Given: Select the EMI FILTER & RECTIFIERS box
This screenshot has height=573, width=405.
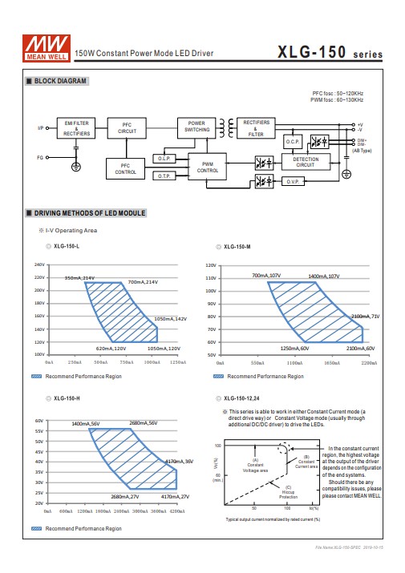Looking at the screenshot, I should (x=77, y=128).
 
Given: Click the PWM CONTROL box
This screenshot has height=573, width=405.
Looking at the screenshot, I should (x=208, y=167).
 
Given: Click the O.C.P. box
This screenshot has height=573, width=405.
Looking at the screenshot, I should (x=292, y=141).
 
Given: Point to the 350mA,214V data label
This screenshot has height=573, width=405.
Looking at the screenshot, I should (x=79, y=277).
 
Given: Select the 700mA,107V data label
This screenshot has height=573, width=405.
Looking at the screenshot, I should (x=265, y=275).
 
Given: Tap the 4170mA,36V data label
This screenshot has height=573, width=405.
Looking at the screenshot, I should (x=179, y=462).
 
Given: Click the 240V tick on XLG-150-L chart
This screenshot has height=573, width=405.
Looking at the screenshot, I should (x=39, y=264).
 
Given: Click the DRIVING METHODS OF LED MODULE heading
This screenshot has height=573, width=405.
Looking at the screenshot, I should (x=89, y=214).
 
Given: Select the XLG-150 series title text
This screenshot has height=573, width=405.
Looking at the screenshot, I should (x=330, y=53).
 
